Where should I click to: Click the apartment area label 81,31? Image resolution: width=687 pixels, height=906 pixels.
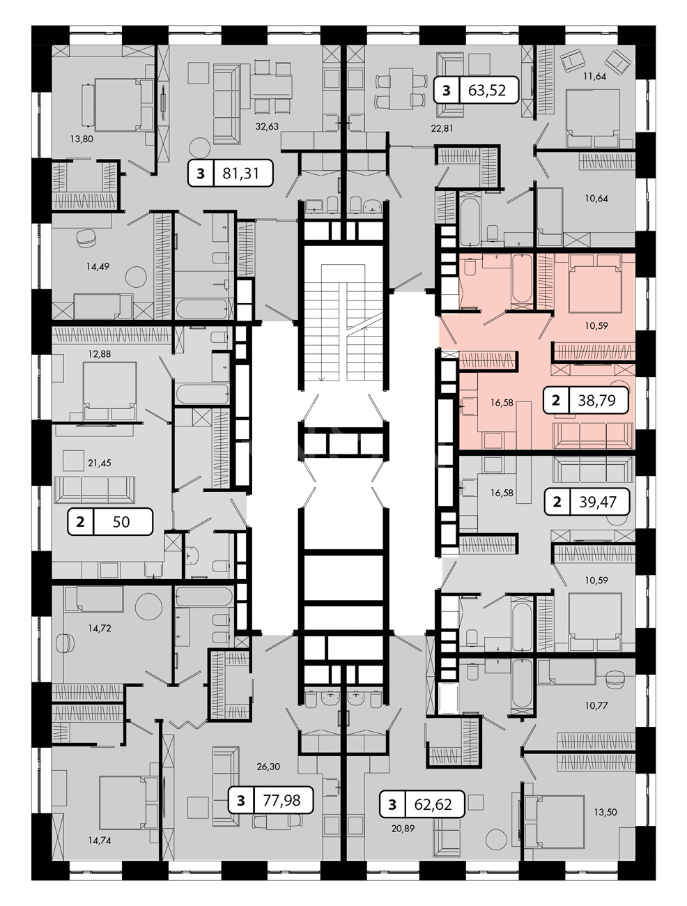pos(240,174)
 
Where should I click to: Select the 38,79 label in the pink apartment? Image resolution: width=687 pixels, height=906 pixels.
pos(596,400)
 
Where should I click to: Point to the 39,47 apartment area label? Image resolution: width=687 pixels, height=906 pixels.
pos(597,502)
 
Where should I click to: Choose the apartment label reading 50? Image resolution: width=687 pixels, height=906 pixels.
pos(121,522)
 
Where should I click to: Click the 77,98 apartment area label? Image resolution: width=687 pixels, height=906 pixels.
pos(281,800)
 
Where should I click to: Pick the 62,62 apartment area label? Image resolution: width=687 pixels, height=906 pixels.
pos(433,804)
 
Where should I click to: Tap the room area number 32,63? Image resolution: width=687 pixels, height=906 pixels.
pos(267,127)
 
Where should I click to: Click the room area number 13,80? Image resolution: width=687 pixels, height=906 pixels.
pos(82,139)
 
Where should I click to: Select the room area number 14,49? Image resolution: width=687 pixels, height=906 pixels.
pos(98,267)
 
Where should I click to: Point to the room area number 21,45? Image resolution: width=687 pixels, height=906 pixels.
pos(100,463)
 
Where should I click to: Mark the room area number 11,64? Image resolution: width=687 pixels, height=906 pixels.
pos(595,76)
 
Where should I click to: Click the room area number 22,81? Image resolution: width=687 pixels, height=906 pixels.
pos(442,128)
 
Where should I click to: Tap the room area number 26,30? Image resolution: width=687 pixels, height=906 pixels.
pos(268,767)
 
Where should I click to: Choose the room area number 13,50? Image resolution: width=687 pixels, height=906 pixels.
pos(605,813)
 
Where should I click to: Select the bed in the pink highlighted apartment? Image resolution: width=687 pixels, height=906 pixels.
pos(594,283)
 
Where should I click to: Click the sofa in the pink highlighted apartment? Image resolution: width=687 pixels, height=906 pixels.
pos(592,436)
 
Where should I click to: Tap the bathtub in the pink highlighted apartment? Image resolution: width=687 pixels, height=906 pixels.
pos(522,279)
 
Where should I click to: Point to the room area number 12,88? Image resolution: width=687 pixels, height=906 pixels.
pos(100,354)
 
